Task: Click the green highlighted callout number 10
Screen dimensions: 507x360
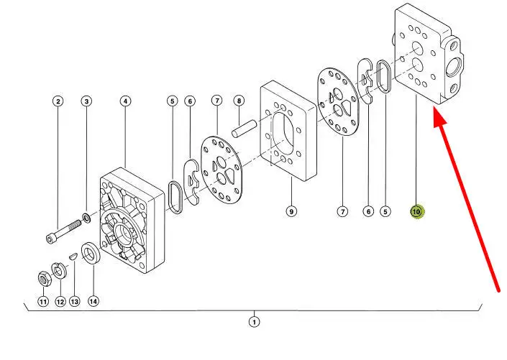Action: coord(417,212)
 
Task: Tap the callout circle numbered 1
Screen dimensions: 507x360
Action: coord(254,322)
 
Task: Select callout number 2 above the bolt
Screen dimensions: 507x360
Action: coord(58,101)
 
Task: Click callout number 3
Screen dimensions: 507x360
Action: coord(86,101)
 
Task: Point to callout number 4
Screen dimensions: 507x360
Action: coord(125,101)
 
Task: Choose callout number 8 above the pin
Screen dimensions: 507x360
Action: coord(239,101)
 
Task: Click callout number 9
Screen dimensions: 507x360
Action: coord(291,211)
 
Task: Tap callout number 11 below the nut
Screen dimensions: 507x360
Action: coord(43,302)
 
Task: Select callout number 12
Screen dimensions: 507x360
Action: coord(60,302)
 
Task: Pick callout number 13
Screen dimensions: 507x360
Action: coord(75,302)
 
